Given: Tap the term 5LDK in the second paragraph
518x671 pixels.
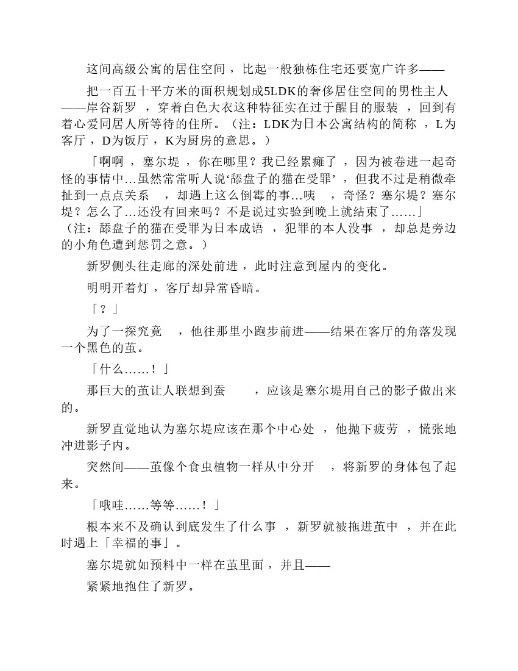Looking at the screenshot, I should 279,91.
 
